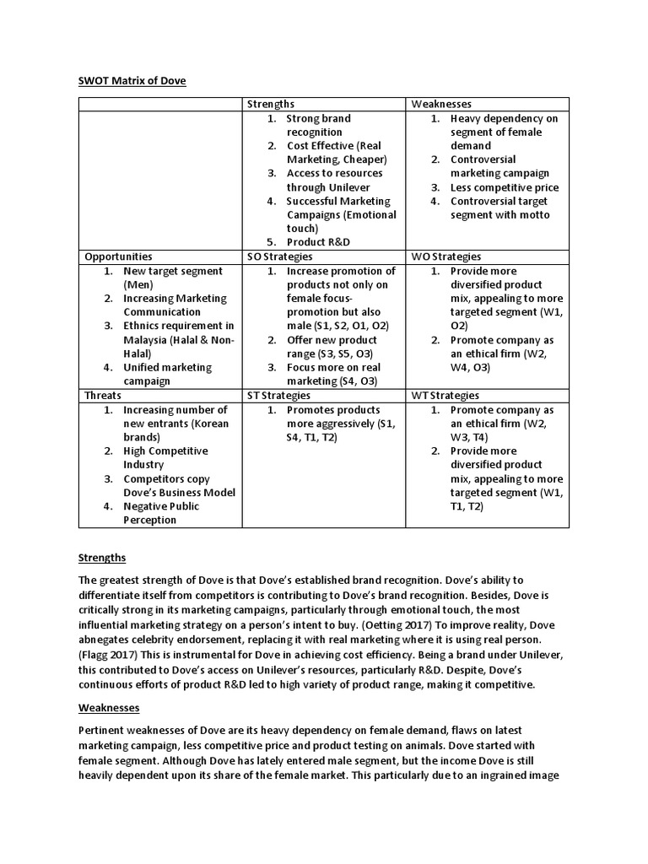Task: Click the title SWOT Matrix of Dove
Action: pyautogui.click(x=132, y=81)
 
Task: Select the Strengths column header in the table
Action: pyautogui.click(x=271, y=104)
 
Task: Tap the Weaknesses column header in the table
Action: pyautogui.click(x=441, y=104)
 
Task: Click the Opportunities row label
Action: pyautogui.click(x=118, y=256)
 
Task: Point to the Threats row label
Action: pyautogui.click(x=103, y=395)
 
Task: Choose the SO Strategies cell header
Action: pyautogui.click(x=279, y=256)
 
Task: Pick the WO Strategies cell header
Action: pyautogui.click(x=446, y=256)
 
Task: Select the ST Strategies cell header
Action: pyautogui.click(x=278, y=395)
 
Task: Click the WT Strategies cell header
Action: pyautogui.click(x=445, y=395)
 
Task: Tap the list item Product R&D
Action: pyautogui.click(x=319, y=242)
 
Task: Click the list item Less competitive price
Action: pyautogui.click(x=504, y=187)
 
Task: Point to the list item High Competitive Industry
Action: pyautogui.click(x=165, y=458)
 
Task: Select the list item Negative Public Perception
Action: pyautogui.click(x=162, y=513)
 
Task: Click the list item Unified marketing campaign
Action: pyautogui.click(x=167, y=374)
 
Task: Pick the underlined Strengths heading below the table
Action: pyautogui.click(x=102, y=558)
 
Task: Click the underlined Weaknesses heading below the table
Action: pyautogui.click(x=109, y=707)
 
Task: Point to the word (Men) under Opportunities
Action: pyautogui.click(x=138, y=284)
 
